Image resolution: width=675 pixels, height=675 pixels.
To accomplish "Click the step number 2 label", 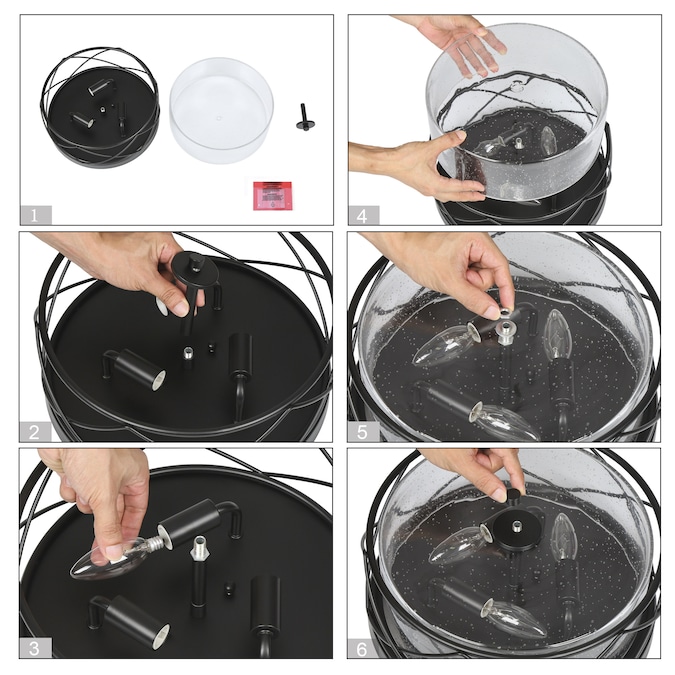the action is [34, 432].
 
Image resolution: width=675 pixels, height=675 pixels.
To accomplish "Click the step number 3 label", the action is [35, 648].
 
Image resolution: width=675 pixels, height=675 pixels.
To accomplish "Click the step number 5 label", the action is [362, 432].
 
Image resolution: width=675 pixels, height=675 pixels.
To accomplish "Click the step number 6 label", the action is [362, 649].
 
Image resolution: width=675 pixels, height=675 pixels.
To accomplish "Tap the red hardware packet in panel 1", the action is [272, 195].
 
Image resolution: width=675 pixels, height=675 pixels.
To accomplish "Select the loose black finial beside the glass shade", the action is [305, 117].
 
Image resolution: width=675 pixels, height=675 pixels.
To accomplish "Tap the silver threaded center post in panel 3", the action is [199, 549].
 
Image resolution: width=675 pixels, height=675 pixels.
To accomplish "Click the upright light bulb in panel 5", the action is [558, 333].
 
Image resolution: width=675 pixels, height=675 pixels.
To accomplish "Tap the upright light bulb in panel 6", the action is [564, 536].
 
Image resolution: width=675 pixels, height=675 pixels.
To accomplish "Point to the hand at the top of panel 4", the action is [456, 41].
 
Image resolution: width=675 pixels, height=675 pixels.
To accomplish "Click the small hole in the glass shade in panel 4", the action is [516, 87].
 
